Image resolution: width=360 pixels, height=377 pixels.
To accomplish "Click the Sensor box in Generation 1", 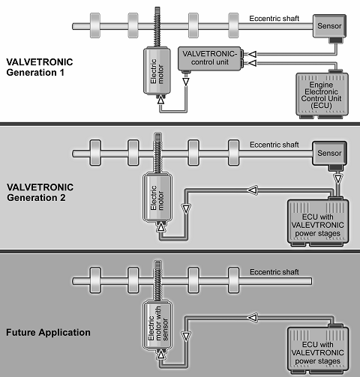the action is (x=329, y=26).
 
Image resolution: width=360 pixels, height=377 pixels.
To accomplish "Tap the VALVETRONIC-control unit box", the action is (x=209, y=58).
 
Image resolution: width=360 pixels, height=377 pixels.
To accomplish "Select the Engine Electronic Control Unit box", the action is (x=322, y=95).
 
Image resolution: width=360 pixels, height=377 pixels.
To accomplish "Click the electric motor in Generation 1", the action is (x=157, y=70).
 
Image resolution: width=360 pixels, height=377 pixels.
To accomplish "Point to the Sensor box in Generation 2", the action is (x=329, y=153).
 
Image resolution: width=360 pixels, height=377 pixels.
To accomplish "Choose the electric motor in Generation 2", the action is (x=157, y=197).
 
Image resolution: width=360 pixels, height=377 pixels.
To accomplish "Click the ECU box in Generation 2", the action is (x=318, y=223).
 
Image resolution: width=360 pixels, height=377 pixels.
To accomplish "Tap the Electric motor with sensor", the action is (x=157, y=325).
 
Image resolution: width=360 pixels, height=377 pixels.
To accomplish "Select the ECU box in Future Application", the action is (x=318, y=350).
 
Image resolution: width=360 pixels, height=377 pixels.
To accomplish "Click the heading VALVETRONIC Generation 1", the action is (x=40, y=67).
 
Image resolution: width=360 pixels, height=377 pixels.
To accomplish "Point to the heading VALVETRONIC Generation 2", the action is (x=40, y=193).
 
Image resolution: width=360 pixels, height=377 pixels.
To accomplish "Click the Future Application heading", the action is (x=48, y=333).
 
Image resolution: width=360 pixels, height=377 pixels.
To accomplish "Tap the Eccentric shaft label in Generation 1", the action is (x=274, y=19).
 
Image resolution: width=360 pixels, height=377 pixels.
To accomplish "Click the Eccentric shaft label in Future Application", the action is (x=274, y=272).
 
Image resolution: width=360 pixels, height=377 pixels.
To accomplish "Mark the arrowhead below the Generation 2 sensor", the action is (x=337, y=179).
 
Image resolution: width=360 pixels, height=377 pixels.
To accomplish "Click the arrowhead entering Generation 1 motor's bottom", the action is (x=161, y=100).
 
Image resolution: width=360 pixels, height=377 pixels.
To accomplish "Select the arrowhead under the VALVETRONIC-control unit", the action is (x=186, y=82).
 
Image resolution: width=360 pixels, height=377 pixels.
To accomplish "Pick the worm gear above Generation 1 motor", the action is (x=157, y=27).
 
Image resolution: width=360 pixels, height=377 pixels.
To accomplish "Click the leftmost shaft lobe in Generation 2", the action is (x=95, y=153).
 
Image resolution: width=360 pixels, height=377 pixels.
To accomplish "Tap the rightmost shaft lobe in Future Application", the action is (x=234, y=280).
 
